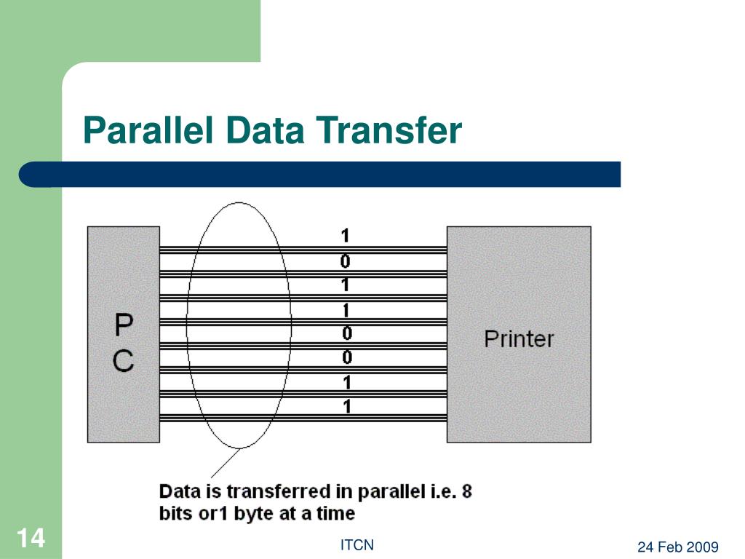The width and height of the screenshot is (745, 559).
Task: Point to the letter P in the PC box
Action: pyautogui.click(x=124, y=326)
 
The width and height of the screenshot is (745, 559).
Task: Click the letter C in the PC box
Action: pyautogui.click(x=124, y=361)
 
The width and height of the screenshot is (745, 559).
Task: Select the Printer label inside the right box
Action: pyautogui.click(x=519, y=338)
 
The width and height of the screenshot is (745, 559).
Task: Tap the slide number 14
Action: pyautogui.click(x=30, y=539)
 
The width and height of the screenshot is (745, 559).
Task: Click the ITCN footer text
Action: pyautogui.click(x=357, y=545)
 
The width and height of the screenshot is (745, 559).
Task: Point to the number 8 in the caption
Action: pyautogui.click(x=466, y=491)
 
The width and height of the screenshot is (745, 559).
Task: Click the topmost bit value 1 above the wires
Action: pyautogui.click(x=346, y=236)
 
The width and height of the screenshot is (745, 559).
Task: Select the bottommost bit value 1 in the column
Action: pyautogui.click(x=347, y=406)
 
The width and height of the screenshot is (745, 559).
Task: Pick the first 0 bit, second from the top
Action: pyautogui.click(x=346, y=261)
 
